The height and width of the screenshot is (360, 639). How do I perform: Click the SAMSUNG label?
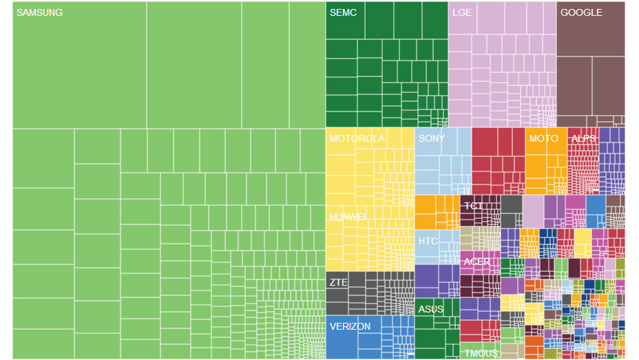(39, 12)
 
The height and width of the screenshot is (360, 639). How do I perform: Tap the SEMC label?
(343, 12)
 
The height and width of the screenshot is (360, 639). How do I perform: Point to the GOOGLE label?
(581, 12)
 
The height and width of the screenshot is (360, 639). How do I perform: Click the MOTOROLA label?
(357, 138)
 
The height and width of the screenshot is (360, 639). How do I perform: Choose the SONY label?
(432, 138)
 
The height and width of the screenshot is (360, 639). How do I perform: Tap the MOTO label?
(543, 138)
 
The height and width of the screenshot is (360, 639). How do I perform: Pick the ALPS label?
(583, 138)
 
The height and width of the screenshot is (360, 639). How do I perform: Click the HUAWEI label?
(347, 216)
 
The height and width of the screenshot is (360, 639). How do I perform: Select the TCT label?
(473, 206)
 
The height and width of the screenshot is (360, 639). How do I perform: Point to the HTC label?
(428, 241)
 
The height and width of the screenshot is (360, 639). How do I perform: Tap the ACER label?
(476, 262)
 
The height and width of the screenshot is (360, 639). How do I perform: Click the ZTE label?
(338, 282)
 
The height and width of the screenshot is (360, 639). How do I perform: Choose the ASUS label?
(430, 309)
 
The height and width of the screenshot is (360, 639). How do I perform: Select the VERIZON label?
(350, 326)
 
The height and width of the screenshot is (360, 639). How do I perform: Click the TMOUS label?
(481, 353)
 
